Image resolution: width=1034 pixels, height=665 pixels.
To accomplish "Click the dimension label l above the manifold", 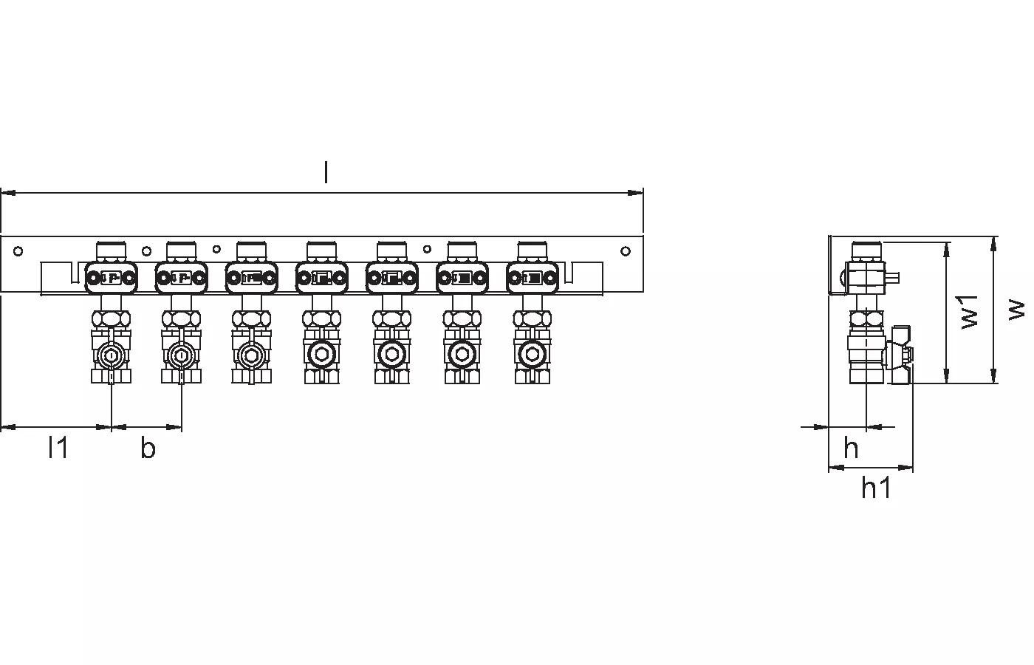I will click(326, 172).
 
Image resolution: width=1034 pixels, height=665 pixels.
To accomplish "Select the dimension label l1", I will click(58, 447).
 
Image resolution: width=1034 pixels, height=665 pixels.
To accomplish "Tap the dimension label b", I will click(148, 448).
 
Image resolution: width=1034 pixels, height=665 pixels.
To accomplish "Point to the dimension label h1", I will click(876, 488).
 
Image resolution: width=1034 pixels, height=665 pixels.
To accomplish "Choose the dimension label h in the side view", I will click(851, 448).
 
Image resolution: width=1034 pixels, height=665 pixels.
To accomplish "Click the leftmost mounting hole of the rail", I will click(18, 251).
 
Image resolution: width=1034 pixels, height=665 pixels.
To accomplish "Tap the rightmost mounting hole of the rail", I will click(626, 251).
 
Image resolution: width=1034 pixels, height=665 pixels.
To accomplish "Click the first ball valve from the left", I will click(111, 356).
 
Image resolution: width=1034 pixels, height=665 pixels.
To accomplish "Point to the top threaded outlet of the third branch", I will click(251, 250).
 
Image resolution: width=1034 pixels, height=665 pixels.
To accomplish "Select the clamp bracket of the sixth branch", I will click(462, 278).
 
